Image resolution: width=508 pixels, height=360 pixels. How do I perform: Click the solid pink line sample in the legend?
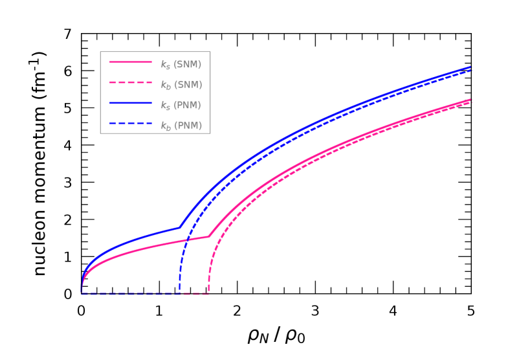tap(130, 62)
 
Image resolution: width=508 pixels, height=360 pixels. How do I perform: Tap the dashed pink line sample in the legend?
tap(130, 82)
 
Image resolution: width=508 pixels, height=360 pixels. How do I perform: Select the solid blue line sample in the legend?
tap(130, 103)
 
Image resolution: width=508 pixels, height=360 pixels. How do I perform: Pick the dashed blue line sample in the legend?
tap(130, 123)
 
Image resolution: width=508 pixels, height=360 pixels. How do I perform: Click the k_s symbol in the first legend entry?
tap(165, 65)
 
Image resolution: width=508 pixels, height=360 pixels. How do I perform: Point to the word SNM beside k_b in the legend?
tap(188, 85)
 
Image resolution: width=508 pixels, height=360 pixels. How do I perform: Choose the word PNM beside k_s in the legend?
tap(188, 105)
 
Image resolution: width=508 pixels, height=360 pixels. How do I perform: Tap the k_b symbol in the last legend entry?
tap(165, 126)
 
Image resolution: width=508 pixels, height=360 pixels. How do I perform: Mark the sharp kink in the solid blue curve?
tap(179, 227)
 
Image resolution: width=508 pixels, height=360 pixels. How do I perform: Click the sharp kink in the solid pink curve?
tap(208, 236)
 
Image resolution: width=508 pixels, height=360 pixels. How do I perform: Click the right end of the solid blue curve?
tap(470, 67)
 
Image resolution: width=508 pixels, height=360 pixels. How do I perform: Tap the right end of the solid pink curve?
tap(470, 100)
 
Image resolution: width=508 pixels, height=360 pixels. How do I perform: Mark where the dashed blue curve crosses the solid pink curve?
tap(187, 241)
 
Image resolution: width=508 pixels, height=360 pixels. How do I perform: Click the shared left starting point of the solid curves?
tap(82, 292)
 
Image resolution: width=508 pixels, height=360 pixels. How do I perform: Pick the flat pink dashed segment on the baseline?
tap(195, 293)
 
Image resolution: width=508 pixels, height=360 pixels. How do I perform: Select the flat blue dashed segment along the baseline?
tap(129, 293)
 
